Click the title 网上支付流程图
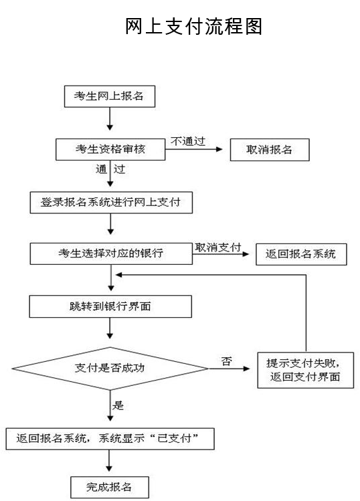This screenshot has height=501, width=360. [194, 26]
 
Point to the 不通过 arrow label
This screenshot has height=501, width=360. [187, 141]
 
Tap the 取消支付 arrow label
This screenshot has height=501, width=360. [217, 247]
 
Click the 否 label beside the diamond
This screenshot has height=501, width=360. [226, 361]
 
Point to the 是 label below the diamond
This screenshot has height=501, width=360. [118, 405]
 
